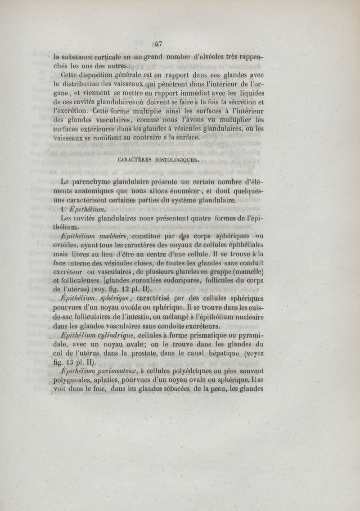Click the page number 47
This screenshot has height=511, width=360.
(157, 44)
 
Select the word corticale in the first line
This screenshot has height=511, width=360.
(100, 58)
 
